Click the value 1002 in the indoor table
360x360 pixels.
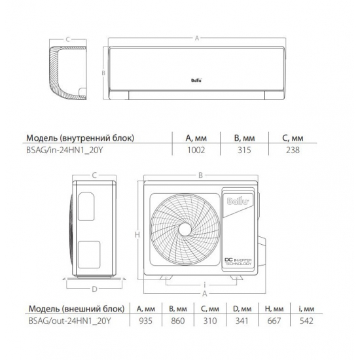pos(196,150)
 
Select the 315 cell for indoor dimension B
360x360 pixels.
pos(244,150)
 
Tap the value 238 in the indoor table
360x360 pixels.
pos(293,150)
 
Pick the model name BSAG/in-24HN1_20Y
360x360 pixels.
pos(65,150)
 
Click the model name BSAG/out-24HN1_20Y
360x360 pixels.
pos(69,321)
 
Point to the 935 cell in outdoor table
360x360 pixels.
pos(145,321)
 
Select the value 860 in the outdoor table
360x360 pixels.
pos(177,321)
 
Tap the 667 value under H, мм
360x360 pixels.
pos(274,321)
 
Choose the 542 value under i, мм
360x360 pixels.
pos(306,321)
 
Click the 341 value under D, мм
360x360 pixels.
pos(242,321)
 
